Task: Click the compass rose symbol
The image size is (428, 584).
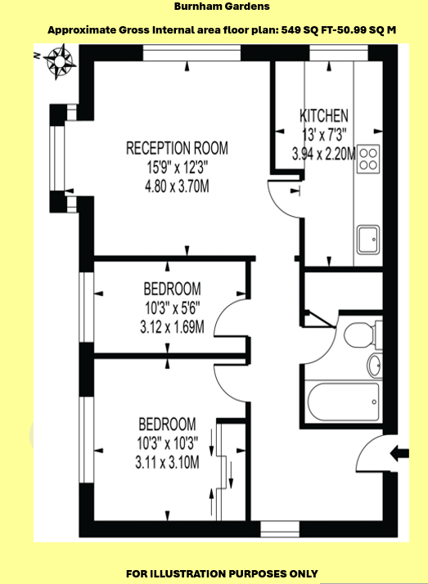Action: tap(60, 61)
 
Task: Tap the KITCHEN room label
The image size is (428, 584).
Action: tap(324, 116)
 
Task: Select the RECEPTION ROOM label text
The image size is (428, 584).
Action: tap(177, 148)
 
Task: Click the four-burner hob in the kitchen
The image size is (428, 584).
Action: tap(368, 159)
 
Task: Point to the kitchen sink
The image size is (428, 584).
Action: tap(368, 240)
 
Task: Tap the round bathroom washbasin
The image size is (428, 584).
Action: tap(375, 365)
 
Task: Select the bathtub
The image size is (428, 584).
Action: tap(343, 402)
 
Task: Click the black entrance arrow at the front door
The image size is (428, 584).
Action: tap(399, 454)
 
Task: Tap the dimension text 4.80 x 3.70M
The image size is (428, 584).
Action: tap(177, 186)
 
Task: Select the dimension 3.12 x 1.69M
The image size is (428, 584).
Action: tap(172, 328)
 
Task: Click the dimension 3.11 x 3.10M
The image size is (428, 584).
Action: tap(167, 463)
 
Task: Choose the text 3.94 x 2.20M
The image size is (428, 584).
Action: tap(324, 154)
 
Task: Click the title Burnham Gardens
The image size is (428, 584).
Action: tap(222, 7)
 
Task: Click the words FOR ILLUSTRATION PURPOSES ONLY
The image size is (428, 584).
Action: tap(222, 573)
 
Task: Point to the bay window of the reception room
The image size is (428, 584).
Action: tap(63, 159)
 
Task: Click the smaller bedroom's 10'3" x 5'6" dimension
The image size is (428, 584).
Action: tap(173, 308)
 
